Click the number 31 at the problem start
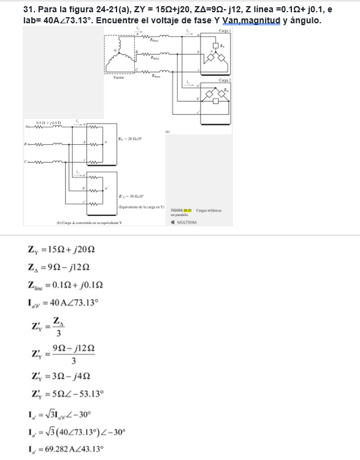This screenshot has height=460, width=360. coord(26,10)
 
